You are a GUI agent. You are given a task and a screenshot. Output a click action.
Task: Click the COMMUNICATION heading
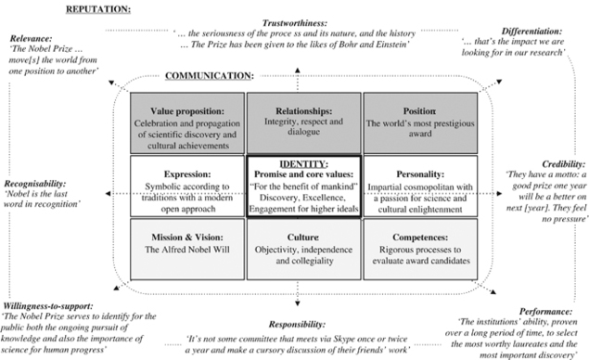[210, 74]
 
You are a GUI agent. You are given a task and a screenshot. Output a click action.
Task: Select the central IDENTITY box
[303, 186]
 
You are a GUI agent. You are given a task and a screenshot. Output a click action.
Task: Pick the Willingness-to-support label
[55, 304]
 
